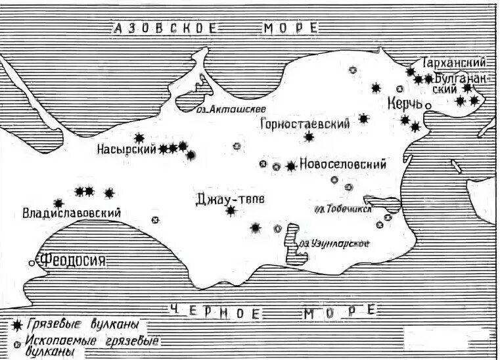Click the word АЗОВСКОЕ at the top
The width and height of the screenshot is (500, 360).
click(164, 28)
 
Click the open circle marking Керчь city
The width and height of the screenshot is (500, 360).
click(428, 105)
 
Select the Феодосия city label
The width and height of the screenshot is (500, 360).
click(72, 261)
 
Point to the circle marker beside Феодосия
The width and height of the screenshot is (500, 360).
click(32, 263)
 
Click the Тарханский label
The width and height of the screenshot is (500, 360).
click(455, 62)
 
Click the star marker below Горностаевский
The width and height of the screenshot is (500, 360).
click(309, 137)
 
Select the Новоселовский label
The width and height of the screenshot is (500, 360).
click(342, 165)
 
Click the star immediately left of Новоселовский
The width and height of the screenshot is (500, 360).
click(291, 166)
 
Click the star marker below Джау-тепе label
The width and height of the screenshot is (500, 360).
click(231, 210)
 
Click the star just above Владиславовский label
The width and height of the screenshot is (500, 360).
click(58, 203)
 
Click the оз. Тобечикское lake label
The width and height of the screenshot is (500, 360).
click(343, 209)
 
